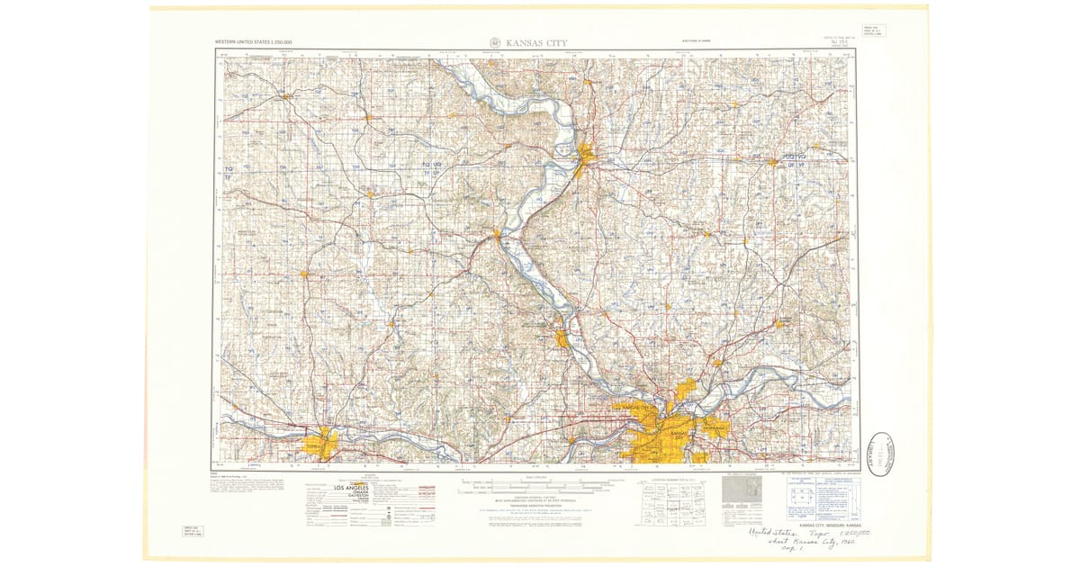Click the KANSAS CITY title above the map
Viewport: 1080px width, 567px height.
536,42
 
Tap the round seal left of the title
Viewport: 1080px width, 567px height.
495,42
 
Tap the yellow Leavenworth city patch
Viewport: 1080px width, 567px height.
563,339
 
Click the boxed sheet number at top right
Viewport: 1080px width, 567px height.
872,31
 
